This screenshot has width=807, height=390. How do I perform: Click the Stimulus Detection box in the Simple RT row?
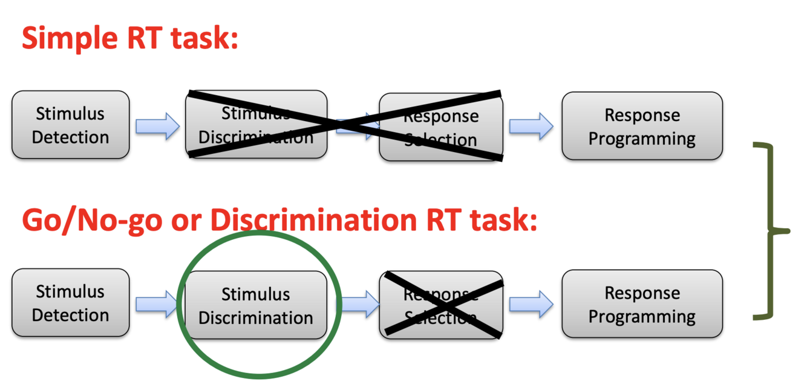70,125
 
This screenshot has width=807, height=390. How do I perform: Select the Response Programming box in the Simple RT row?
642,126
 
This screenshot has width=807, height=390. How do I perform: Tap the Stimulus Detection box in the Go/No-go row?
70,303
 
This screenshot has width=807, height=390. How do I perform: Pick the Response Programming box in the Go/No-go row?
642,304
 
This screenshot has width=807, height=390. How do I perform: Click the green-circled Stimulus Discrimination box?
256,305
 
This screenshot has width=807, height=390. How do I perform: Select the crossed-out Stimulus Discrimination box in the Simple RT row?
256,125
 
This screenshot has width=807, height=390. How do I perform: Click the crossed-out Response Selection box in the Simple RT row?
441,127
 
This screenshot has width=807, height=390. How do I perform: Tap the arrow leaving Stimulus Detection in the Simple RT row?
157,126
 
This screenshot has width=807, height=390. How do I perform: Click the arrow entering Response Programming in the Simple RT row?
531,126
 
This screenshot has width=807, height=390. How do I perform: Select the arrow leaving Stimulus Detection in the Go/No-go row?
157,303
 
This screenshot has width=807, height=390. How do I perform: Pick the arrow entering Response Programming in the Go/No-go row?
531,304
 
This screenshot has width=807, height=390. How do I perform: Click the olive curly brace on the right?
773,230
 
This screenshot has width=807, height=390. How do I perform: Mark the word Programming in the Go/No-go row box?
642,317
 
